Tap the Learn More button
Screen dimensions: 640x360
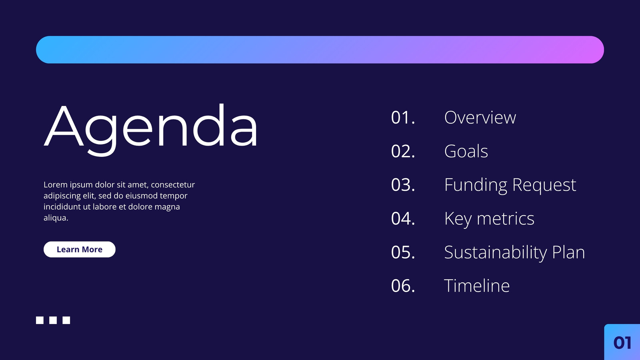click(x=80, y=250)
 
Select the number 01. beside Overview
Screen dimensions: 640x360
click(x=403, y=118)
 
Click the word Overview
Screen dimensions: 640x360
click(x=480, y=118)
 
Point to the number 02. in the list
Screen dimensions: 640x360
click(x=403, y=151)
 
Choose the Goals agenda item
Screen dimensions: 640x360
click(x=466, y=151)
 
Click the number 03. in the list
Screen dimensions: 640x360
click(x=403, y=185)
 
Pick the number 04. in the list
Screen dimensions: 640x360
click(x=403, y=218)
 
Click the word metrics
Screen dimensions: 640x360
click(x=506, y=219)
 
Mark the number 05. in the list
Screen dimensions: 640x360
click(x=403, y=252)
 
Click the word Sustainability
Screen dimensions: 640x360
click(x=496, y=253)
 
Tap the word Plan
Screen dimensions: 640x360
click(x=568, y=252)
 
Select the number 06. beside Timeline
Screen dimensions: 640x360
click(x=403, y=286)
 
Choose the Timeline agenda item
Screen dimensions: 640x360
click(x=477, y=286)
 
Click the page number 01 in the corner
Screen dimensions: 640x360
click(x=622, y=342)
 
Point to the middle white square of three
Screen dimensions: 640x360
click(x=53, y=320)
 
